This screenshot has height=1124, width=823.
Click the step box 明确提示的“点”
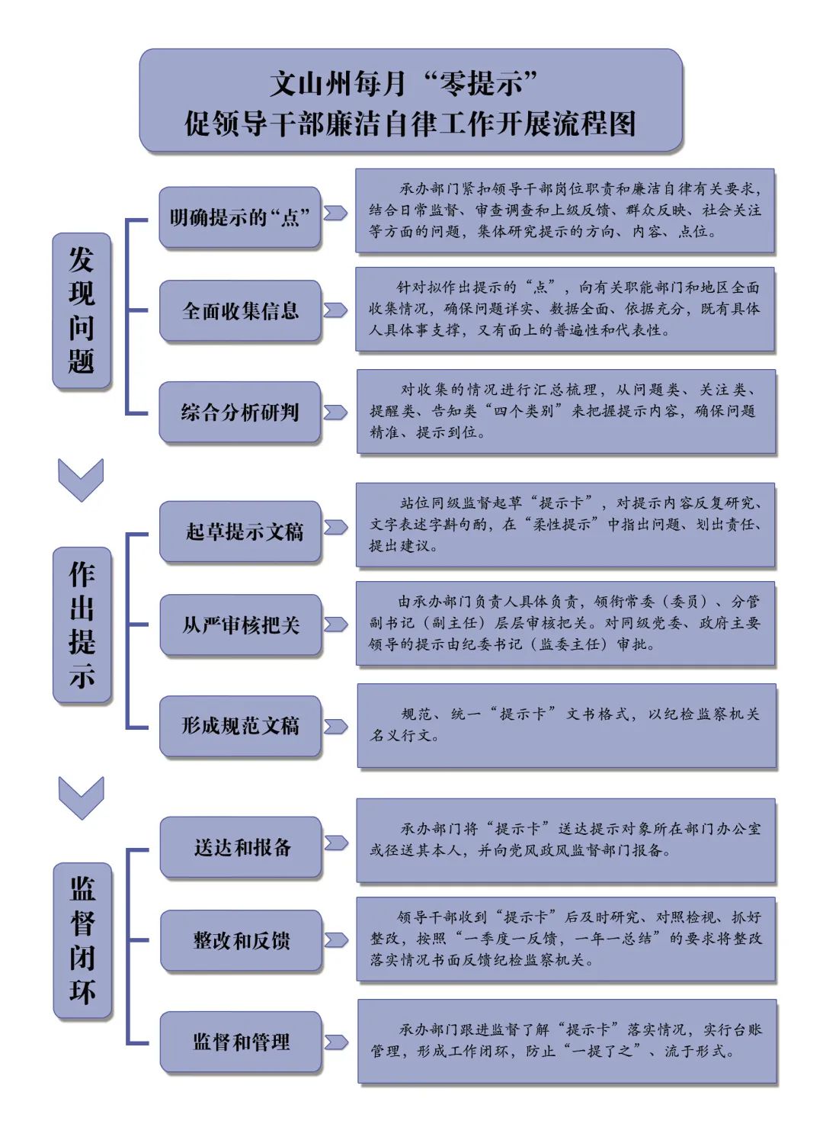click(x=240, y=217)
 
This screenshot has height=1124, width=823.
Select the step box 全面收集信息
click(x=240, y=311)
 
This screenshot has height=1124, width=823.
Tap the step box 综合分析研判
click(x=240, y=412)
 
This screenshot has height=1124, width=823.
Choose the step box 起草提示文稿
click(x=240, y=531)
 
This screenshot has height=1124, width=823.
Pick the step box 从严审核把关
click(x=241, y=625)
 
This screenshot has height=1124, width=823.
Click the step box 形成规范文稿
click(x=240, y=726)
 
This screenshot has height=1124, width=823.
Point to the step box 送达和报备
click(x=241, y=847)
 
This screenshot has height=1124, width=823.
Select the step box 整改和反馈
click(x=242, y=941)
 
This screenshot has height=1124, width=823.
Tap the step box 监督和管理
click(x=241, y=1042)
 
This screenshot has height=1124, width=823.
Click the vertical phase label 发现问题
click(x=82, y=310)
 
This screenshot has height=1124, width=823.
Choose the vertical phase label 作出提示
click(x=82, y=625)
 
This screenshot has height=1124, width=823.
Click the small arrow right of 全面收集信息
click(x=335, y=310)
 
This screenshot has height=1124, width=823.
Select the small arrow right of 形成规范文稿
click(x=336, y=727)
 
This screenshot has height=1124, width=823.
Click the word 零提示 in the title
click(x=480, y=83)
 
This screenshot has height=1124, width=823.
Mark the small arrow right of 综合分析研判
click(x=335, y=412)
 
